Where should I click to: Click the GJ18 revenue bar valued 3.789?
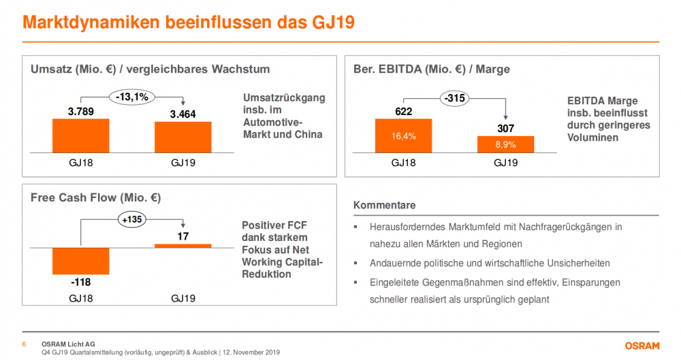pos(80,136)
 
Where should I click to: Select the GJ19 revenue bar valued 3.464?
pos(183,137)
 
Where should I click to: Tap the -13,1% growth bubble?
pos(131,97)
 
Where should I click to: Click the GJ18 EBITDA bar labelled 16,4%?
pos(403,136)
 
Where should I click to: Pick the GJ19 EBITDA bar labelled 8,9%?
pos(505,144)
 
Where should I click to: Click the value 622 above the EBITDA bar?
pos(403,112)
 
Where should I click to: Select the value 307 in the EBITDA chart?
pos(505,128)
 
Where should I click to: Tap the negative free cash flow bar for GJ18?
pos(80,260)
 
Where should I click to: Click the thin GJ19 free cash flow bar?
pos(183,246)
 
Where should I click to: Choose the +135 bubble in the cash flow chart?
pos(131,220)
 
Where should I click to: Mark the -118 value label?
pos(80,281)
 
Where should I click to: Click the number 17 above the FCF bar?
pos(183,237)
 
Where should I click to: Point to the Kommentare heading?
pos(384,205)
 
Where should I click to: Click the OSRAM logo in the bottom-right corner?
pos(642,345)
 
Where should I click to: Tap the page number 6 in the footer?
pos(25,344)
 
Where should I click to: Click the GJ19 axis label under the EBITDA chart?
pos(505,163)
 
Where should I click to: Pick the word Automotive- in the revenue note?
pos(271,122)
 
